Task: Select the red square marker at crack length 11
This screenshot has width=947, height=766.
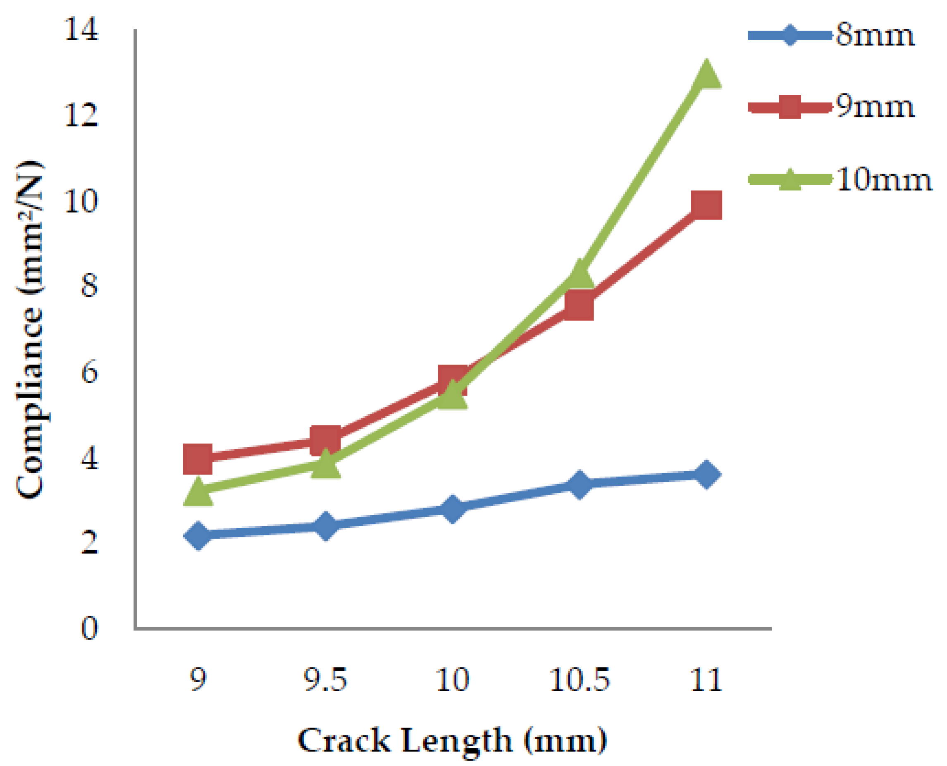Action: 706,205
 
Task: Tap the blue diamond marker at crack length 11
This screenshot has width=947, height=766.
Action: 706,474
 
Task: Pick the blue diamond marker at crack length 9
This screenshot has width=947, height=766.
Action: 198,535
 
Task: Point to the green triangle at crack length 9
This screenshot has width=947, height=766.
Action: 198,491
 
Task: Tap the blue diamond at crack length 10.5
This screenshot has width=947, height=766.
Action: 579,484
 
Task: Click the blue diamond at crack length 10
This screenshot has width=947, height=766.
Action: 452,509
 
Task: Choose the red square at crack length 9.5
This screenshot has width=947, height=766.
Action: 325,441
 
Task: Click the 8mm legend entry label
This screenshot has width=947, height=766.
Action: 875,35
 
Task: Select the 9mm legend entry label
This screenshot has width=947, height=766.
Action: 875,107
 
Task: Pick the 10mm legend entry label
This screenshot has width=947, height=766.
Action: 883,180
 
